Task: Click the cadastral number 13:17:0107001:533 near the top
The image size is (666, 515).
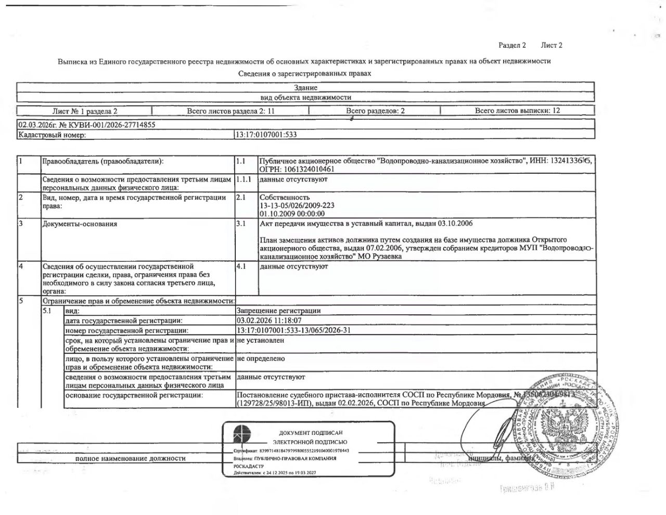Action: (266, 134)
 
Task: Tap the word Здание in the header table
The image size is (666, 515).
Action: (305, 88)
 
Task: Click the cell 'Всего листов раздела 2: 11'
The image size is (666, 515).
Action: (230, 111)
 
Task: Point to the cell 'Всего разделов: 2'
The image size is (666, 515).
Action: (375, 111)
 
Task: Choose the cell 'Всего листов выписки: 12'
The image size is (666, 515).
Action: (517, 111)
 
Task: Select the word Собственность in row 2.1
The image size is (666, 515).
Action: (284, 198)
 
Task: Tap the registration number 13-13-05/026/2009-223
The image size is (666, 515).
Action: (297, 205)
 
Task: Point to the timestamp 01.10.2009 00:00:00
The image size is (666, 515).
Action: (292, 213)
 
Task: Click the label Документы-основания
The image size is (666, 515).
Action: (80, 224)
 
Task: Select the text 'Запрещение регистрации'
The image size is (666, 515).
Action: (278, 311)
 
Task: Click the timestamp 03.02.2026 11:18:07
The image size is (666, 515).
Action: (268, 320)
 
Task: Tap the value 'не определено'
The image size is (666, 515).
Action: (261, 358)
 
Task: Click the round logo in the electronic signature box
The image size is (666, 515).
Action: (241, 433)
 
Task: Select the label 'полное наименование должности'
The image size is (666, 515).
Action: (130, 458)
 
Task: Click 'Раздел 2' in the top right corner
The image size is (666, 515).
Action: (512, 45)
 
